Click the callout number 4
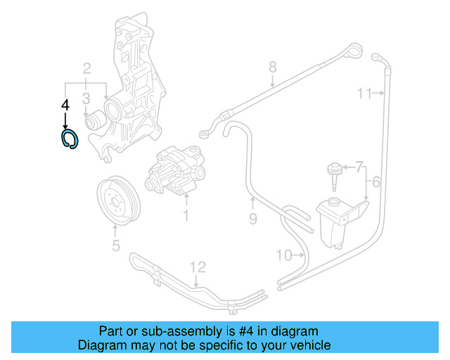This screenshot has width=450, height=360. click(65, 105)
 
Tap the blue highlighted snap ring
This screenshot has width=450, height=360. click(69, 139)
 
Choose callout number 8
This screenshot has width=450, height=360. click(273, 67)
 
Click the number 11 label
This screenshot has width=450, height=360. click(364, 94)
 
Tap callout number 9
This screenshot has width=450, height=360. click(254, 219)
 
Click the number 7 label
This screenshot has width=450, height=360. click(359, 167)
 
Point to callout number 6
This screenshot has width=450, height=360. click(376, 183)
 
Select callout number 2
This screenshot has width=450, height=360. click(86, 69)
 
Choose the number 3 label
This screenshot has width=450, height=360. click(86, 98)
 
